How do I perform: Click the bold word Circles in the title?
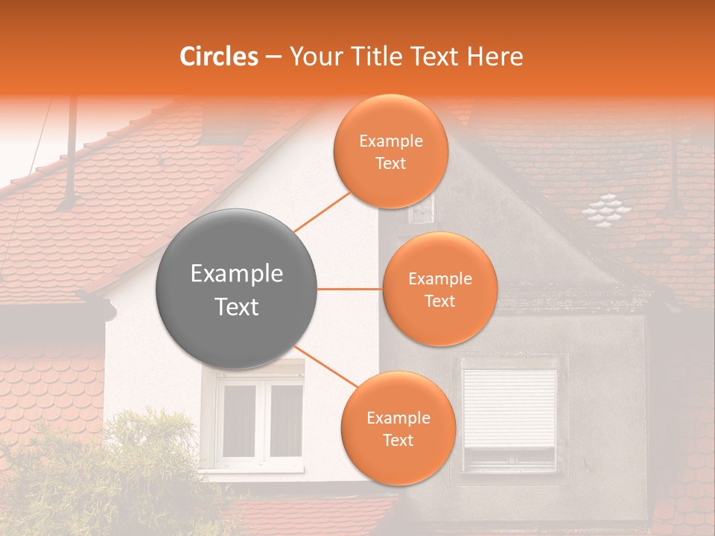click(219, 57)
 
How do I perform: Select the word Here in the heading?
click(495, 57)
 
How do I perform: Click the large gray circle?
click(236, 289)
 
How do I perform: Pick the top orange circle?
click(390, 151)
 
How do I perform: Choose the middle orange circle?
click(439, 289)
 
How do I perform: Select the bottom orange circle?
click(398, 428)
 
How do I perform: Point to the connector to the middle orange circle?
click(349, 289)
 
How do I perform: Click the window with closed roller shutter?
click(509, 411)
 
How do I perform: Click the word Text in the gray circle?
click(236, 307)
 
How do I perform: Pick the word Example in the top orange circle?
click(390, 141)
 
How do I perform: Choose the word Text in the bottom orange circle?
click(398, 440)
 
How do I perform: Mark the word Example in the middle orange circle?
click(439, 279)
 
